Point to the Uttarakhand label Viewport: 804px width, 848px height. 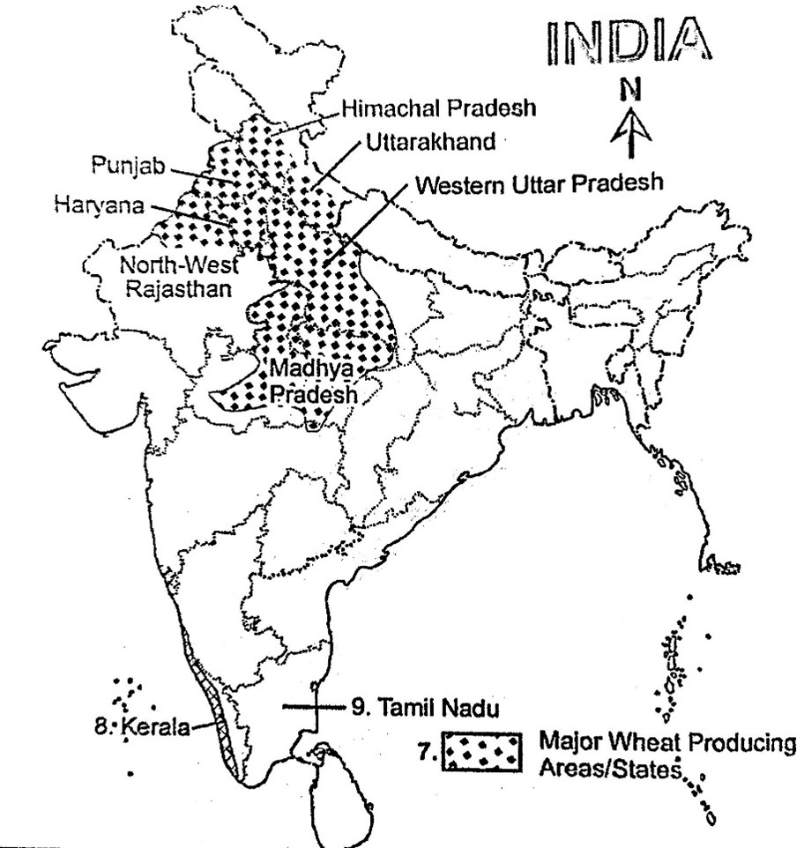point(421,140)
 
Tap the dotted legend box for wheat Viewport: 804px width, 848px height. point(480,750)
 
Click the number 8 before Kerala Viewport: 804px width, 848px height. point(100,728)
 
